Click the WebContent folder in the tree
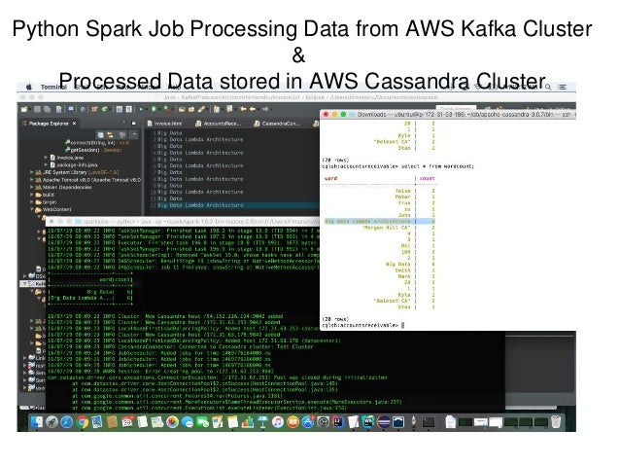(57, 209)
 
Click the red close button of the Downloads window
(327, 114)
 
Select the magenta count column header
(428, 179)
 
